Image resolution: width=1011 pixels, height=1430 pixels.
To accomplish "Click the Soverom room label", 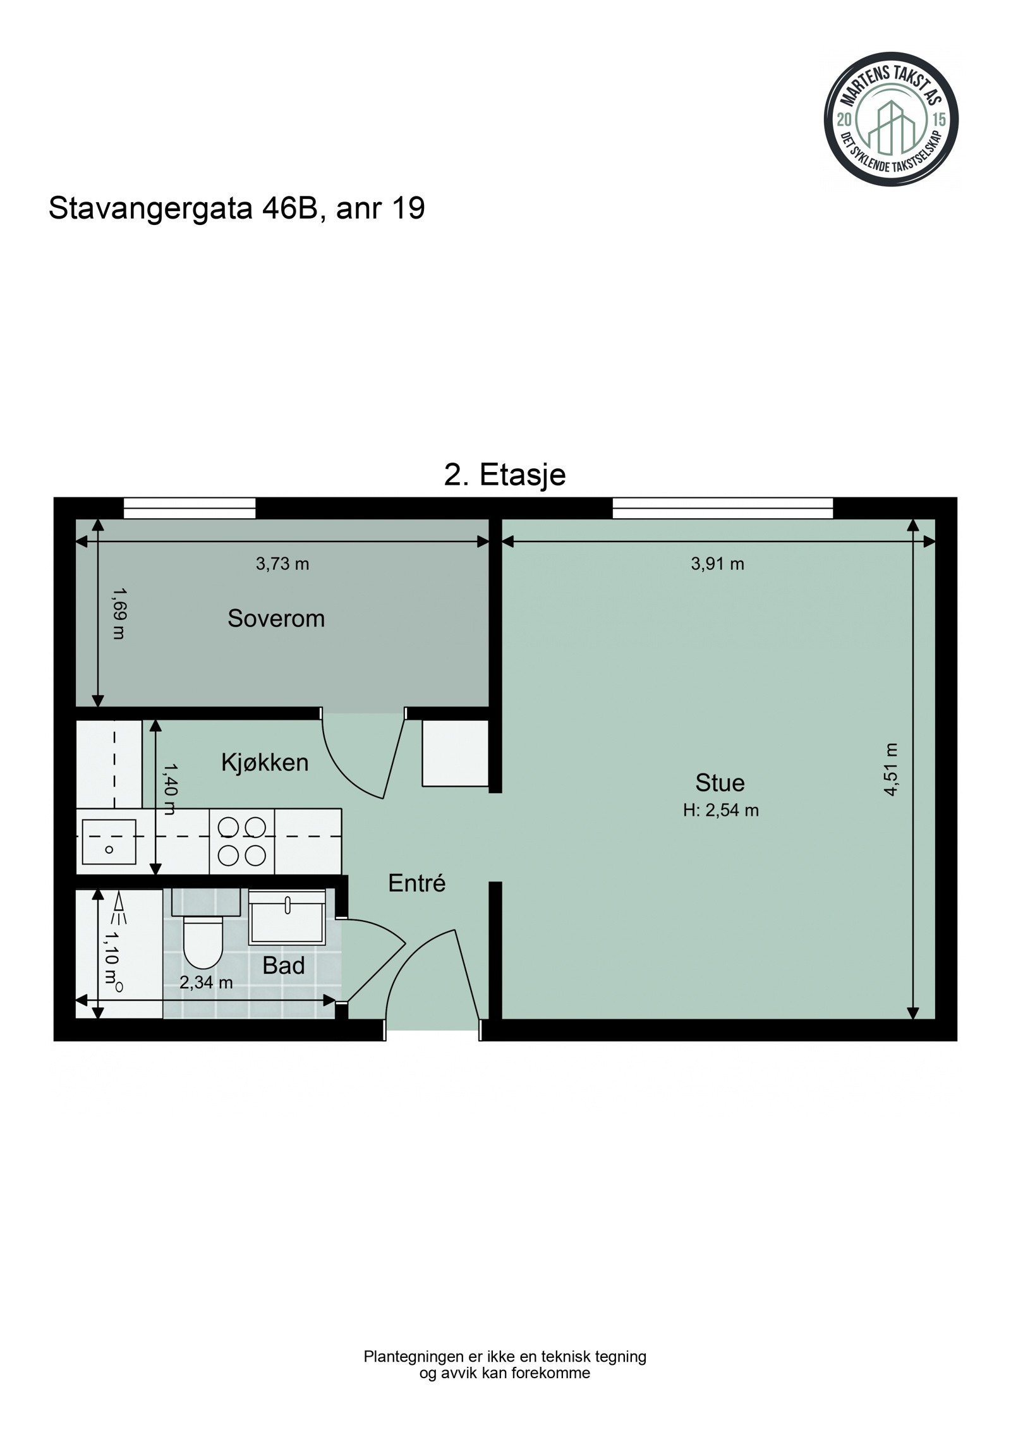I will (276, 619).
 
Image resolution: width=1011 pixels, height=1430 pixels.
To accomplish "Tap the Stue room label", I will (720, 783).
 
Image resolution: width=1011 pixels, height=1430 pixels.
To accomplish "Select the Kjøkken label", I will (265, 763).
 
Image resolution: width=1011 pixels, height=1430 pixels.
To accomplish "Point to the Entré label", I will (416, 883).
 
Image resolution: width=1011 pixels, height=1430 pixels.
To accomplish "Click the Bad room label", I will (284, 966).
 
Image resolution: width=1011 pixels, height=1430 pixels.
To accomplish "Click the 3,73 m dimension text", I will (282, 564).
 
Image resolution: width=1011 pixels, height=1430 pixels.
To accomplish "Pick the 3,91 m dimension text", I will (717, 564).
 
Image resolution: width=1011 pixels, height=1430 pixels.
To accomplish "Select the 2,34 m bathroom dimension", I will (206, 983).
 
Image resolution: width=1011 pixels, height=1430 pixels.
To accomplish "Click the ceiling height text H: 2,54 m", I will (720, 811).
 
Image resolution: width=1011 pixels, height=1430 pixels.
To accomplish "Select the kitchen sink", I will (109, 842).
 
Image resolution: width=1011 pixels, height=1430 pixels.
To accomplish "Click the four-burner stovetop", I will (241, 842).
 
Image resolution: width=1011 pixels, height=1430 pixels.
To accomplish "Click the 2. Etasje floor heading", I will (504, 475).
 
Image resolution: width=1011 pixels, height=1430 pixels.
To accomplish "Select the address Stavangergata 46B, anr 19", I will (236, 209).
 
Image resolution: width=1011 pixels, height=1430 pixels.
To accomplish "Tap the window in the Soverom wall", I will (190, 508).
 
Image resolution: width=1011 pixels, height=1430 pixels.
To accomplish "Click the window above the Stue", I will (722, 508).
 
